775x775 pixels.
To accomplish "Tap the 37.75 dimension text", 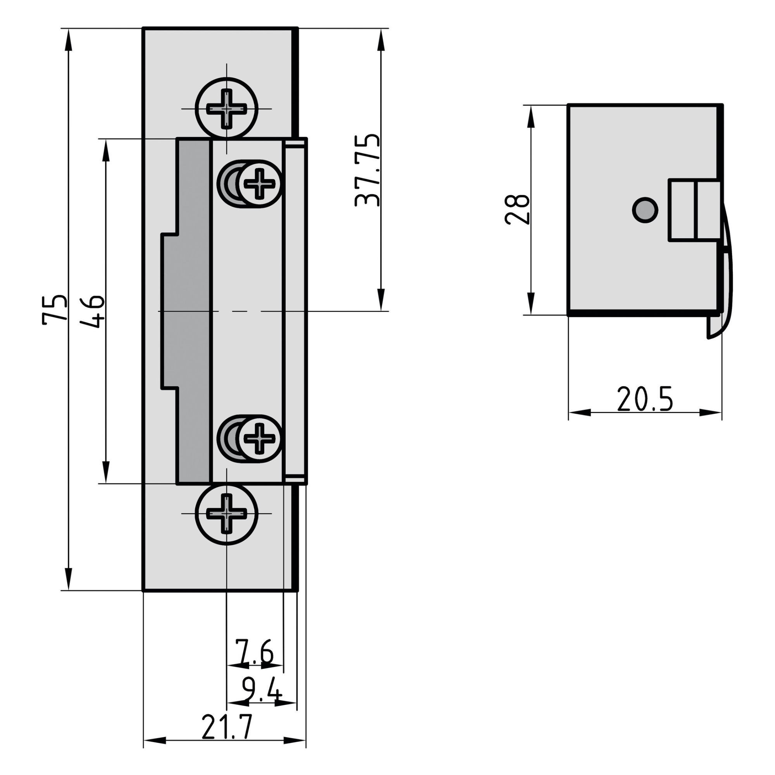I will (367, 170).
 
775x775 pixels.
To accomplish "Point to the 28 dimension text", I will (517, 209).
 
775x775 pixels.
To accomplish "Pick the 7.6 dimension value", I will (254, 652).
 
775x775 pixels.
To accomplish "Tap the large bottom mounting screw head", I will (227, 513).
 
